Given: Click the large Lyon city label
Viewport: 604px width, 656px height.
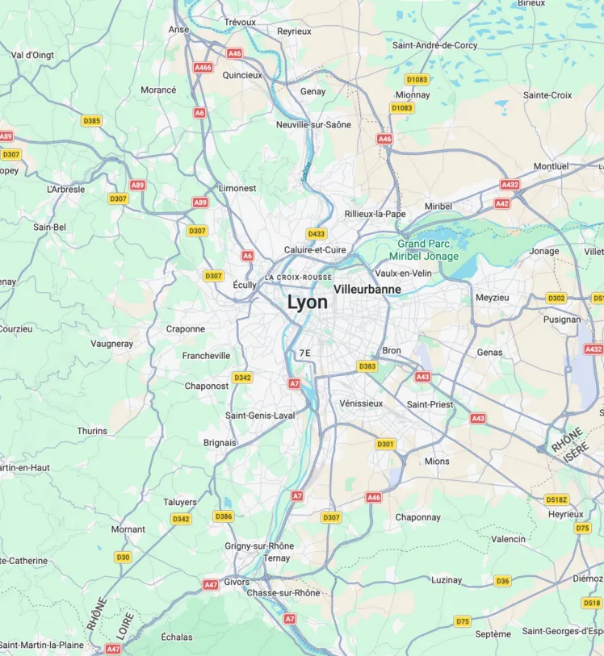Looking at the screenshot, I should [x=308, y=303].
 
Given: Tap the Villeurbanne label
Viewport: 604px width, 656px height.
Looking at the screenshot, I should [x=367, y=288].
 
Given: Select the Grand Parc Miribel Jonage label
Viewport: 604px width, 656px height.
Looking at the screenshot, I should [x=428, y=250].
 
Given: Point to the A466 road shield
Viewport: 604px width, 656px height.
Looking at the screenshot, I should [x=203, y=68].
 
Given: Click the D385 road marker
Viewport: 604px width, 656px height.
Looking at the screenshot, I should [x=92, y=121].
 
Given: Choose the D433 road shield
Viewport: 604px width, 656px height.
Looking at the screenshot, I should [x=317, y=234].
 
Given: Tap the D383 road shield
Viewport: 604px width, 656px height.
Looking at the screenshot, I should [x=367, y=366].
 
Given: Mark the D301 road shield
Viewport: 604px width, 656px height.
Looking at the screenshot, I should [x=386, y=444].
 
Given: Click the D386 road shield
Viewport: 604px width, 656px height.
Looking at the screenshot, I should [x=224, y=516].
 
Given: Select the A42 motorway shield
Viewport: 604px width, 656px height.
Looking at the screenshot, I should [x=502, y=204].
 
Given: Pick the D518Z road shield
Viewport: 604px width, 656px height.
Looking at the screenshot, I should [x=557, y=499].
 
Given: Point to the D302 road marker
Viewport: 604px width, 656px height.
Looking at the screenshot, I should [x=556, y=298].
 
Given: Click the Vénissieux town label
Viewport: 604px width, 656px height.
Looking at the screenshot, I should [x=361, y=403].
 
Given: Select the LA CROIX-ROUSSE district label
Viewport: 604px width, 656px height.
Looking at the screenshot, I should [x=298, y=278].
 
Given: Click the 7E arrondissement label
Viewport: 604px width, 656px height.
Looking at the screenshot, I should [x=304, y=353].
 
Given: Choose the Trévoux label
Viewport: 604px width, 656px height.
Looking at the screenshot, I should [x=240, y=22].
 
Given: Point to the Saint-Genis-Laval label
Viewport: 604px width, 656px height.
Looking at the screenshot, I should [x=260, y=415].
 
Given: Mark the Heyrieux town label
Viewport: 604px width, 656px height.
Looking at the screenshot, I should [x=565, y=514].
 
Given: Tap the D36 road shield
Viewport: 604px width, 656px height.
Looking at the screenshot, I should [x=502, y=581].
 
